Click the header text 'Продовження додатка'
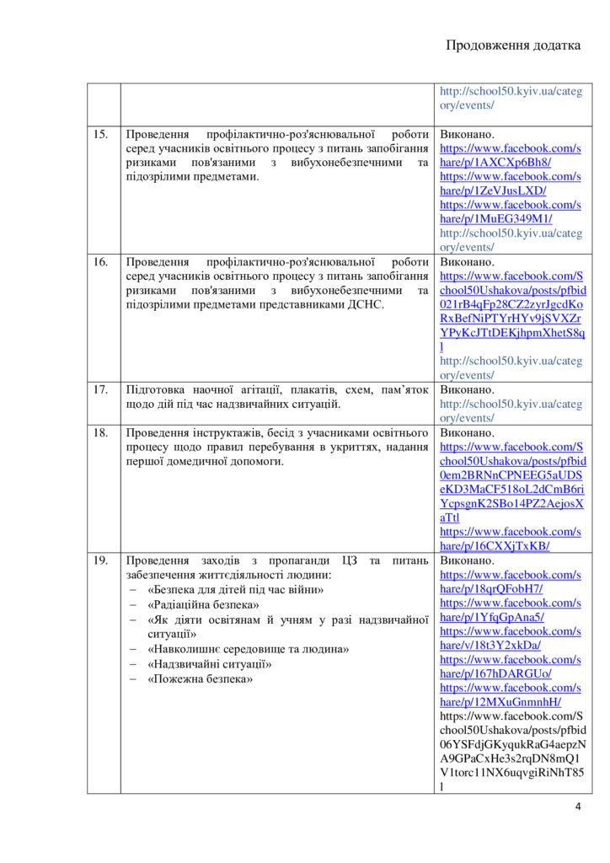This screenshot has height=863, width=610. pos(512,46)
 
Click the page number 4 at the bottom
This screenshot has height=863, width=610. pos(577,807)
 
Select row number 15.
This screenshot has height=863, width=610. pos(101,134)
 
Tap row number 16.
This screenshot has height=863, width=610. pos(101,262)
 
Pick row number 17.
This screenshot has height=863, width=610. pos(101,390)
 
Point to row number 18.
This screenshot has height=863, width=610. pos(101,433)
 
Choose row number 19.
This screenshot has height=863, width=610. pos(101,561)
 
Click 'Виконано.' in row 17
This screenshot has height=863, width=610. pos(468,390)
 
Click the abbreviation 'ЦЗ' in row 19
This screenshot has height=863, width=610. pos(350,561)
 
